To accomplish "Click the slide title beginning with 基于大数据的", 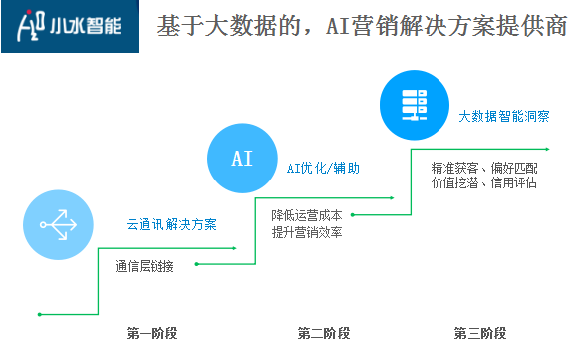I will (363, 26).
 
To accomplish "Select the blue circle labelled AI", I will (241, 159).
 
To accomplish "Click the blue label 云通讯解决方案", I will (170, 223).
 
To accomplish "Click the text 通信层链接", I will (145, 265).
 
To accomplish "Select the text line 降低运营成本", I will (306, 214).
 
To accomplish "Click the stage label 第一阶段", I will (151, 332).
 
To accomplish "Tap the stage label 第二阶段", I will (322, 332).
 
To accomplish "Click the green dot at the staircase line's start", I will (39, 314).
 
